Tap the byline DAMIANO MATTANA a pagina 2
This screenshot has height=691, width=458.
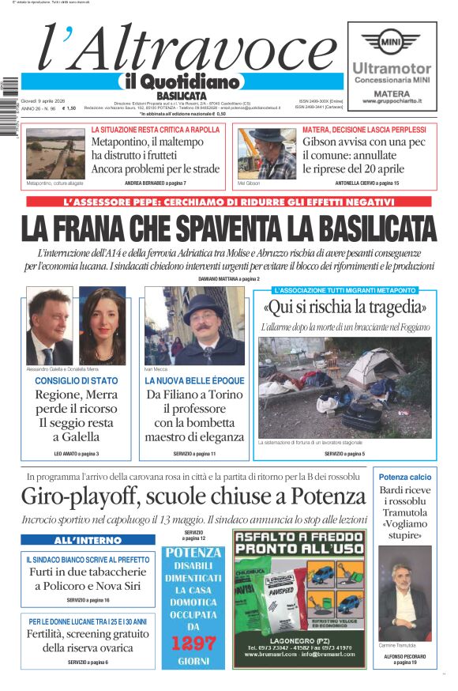point(229,278)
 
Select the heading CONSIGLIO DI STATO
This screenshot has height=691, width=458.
point(77,381)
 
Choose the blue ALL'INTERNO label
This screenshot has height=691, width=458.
point(77,541)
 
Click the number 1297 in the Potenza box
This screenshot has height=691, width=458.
point(193,642)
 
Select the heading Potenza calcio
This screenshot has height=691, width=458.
point(405,478)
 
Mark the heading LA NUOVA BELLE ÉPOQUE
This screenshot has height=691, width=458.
point(194,381)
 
